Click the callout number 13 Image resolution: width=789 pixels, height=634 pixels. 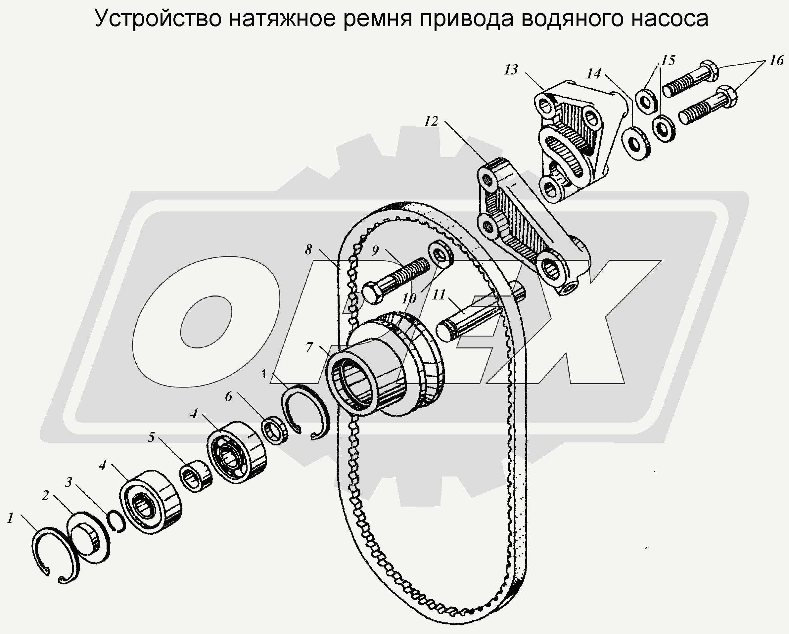pos(511,69)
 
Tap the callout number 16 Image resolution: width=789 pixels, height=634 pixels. pos(776,60)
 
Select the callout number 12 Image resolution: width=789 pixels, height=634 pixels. pos(431,121)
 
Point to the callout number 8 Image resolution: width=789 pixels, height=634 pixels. pos(308,249)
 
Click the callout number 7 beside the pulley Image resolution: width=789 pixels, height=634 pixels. pos(309,347)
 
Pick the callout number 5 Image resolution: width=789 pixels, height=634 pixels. pos(151,437)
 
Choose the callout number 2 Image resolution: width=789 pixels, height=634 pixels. pos(45,496)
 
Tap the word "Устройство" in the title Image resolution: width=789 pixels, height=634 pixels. pos(158,18)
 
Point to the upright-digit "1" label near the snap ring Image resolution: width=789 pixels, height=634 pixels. pos(263,374)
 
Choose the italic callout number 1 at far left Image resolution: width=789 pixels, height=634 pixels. pos(10,518)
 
